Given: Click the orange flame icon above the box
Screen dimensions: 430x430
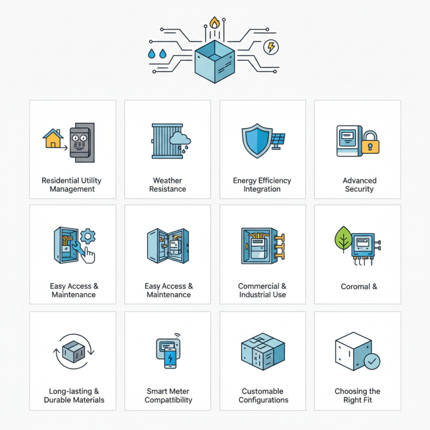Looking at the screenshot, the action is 214,23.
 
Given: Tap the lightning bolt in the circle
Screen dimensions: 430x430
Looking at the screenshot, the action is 271,47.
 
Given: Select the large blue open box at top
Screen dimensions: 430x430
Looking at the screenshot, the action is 214,62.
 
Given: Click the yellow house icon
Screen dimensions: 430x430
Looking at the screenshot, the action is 53,139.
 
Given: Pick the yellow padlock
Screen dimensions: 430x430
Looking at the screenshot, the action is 370,142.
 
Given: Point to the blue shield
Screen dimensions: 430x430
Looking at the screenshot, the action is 257,140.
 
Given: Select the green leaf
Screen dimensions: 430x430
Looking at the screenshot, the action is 343,239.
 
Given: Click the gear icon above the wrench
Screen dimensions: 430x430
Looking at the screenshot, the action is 88,236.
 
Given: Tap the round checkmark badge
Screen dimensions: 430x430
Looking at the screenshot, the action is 372,361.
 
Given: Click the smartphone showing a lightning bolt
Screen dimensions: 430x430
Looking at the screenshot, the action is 170,358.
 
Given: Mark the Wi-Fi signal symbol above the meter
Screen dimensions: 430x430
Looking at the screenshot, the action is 177,335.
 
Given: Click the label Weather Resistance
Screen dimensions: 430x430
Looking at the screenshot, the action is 168,184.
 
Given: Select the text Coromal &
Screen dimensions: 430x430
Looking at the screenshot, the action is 359,286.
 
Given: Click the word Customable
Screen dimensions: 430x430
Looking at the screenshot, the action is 262,391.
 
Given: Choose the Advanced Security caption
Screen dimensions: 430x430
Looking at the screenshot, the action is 359,184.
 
